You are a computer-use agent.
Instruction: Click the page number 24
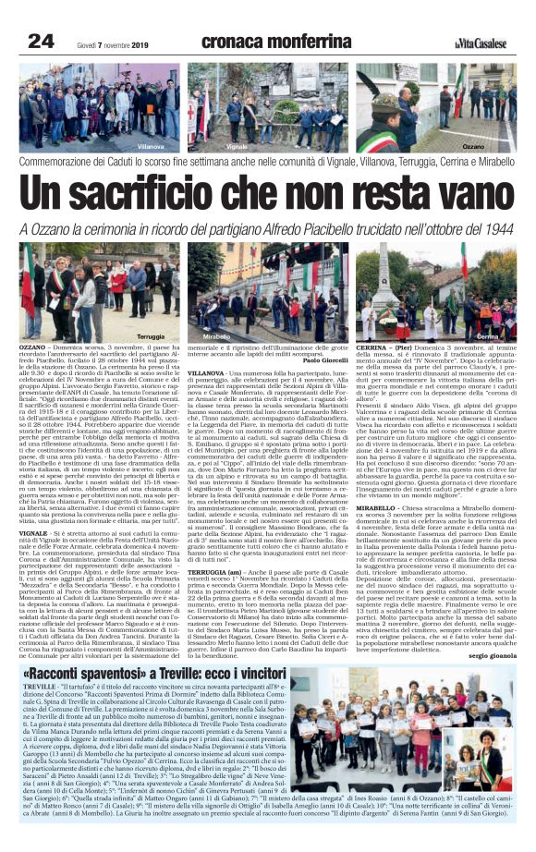[41, 41]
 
